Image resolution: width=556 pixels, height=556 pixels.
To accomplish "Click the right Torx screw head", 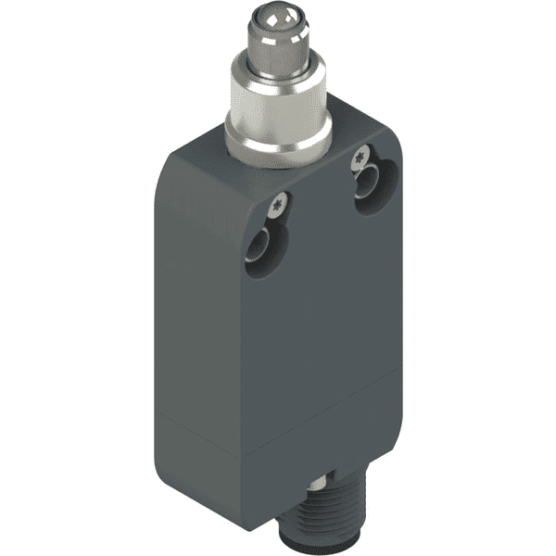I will pyautogui.click(x=360, y=158).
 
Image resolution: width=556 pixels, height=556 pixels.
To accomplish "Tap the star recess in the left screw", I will pyautogui.click(x=278, y=200).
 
